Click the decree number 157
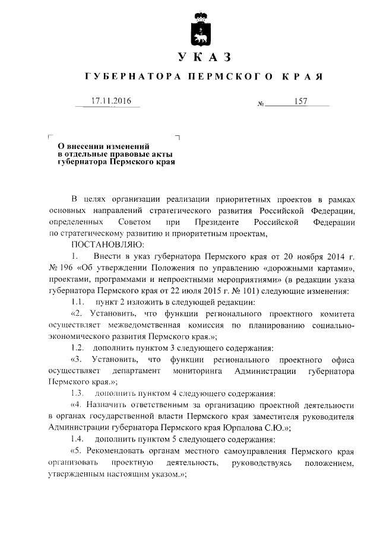point(300,102)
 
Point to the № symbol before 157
point(261,104)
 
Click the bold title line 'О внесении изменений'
point(102,145)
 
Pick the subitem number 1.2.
point(77,347)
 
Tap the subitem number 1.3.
point(77,393)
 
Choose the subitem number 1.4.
point(77,439)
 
